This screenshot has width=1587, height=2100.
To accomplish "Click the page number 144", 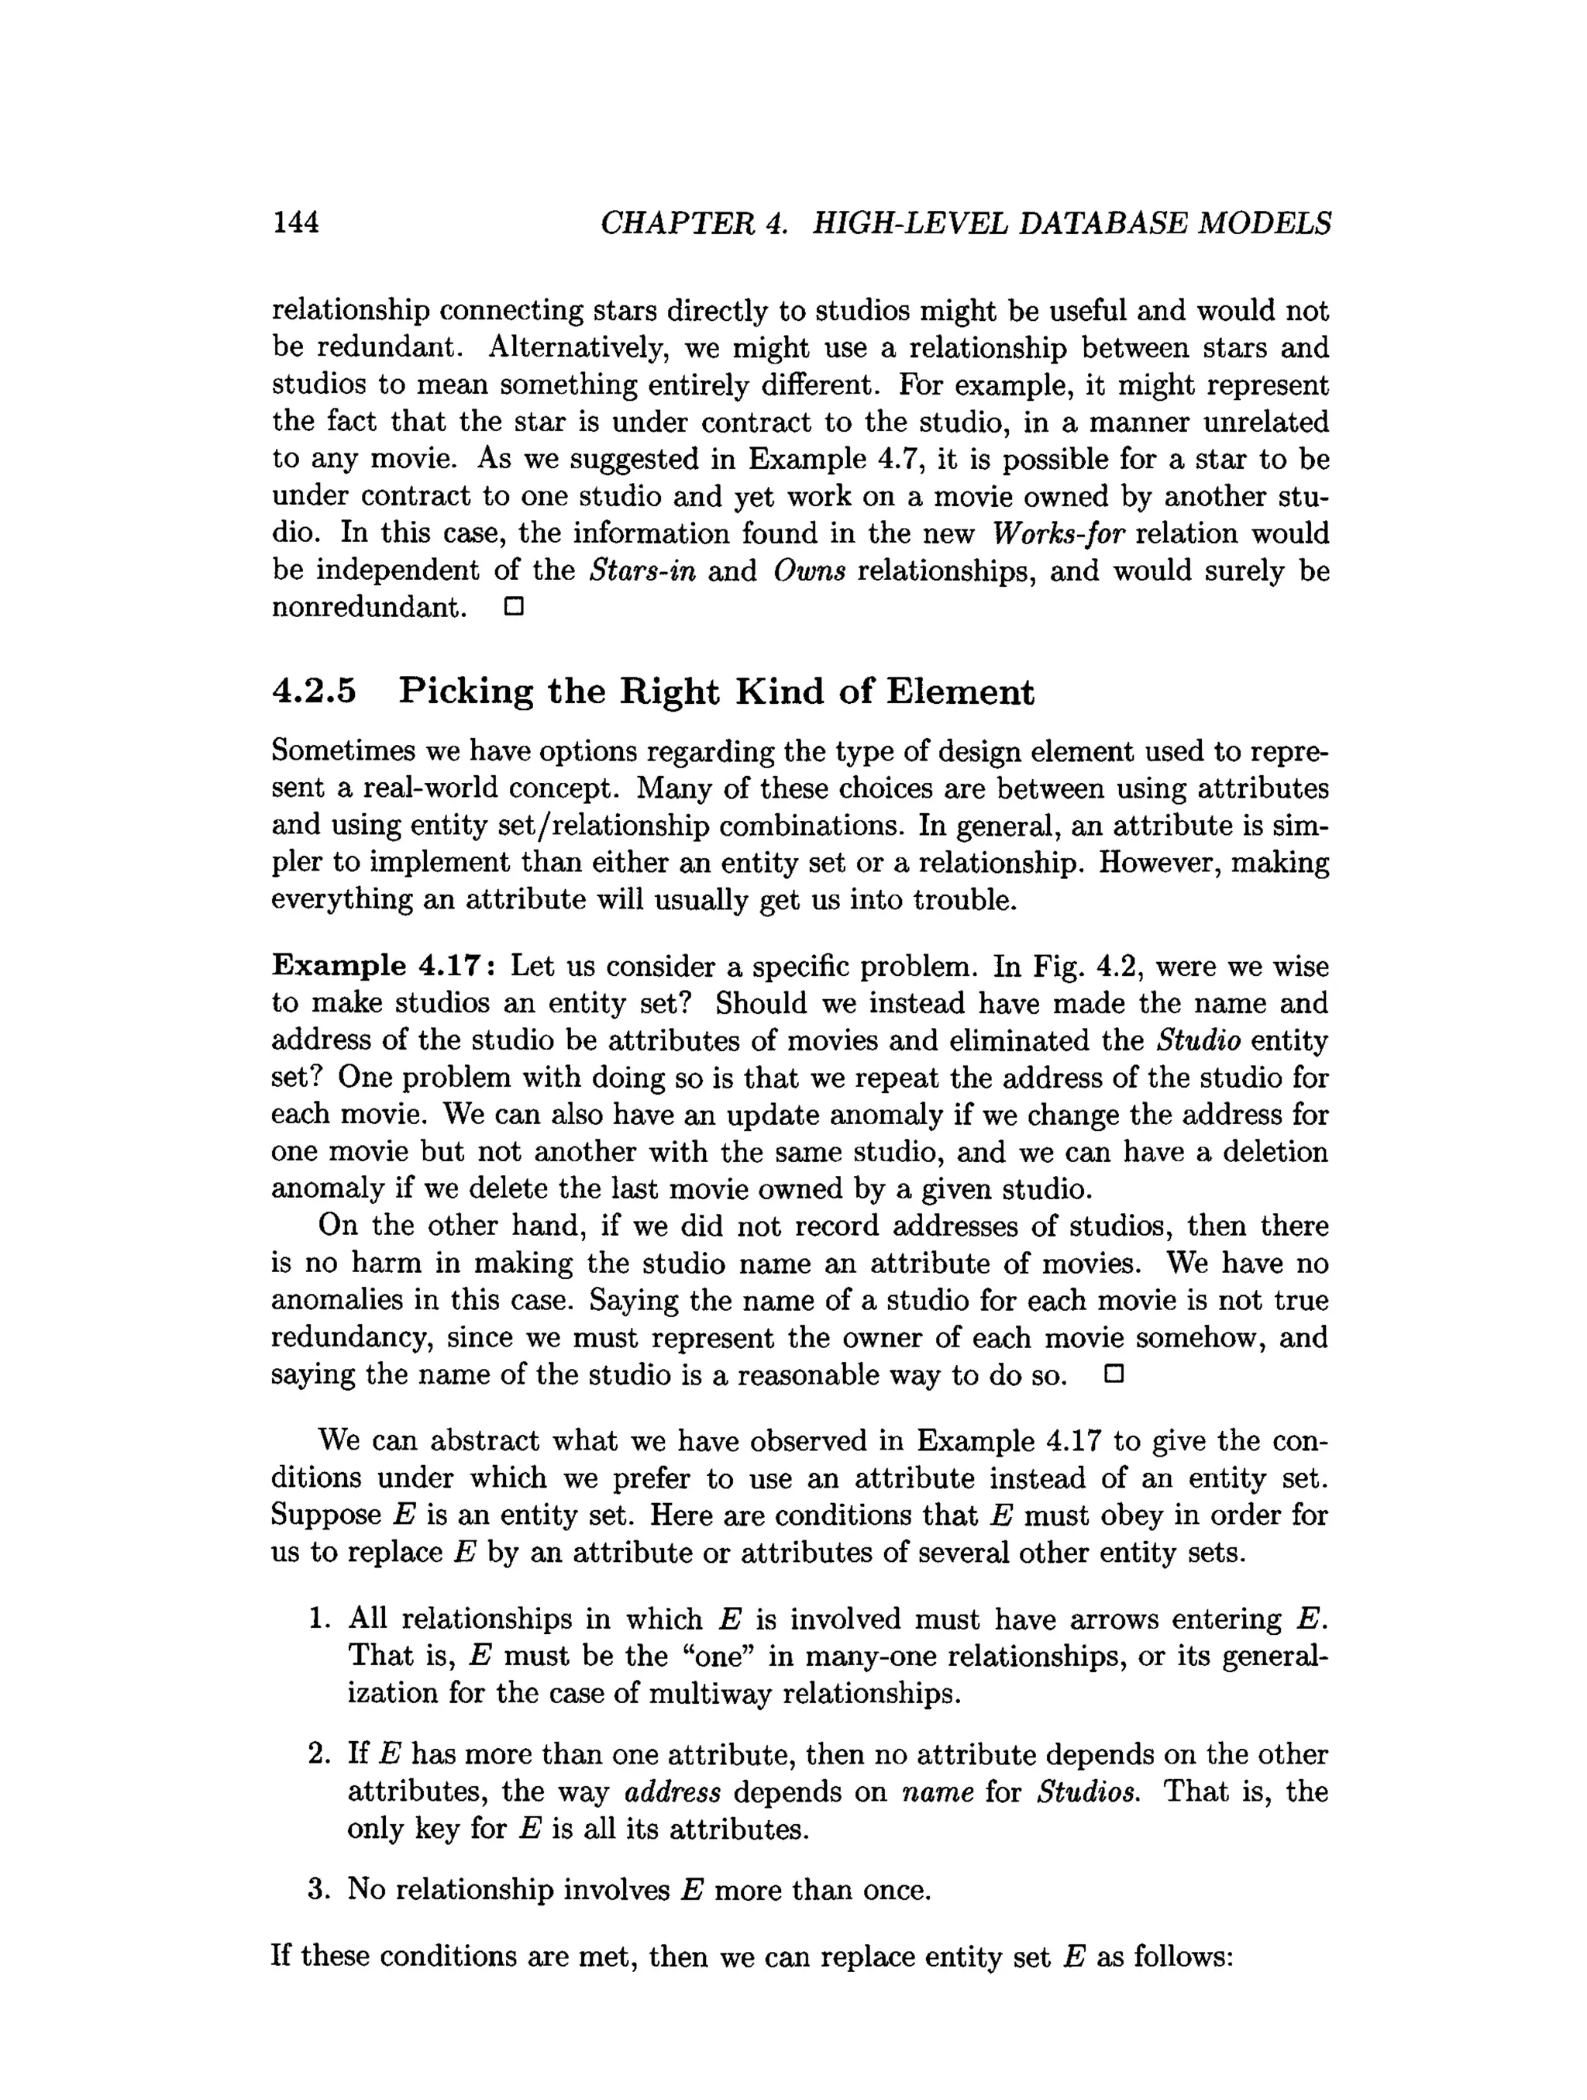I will (x=295, y=222).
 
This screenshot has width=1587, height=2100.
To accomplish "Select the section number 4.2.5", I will (x=314, y=691).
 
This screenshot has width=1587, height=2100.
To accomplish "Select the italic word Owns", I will (x=809, y=571).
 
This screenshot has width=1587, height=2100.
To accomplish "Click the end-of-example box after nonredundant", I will (x=514, y=607).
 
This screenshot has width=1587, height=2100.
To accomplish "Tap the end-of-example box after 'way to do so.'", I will (x=1114, y=1374).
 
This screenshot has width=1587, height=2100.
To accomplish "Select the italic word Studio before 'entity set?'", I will (x=1199, y=1040).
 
